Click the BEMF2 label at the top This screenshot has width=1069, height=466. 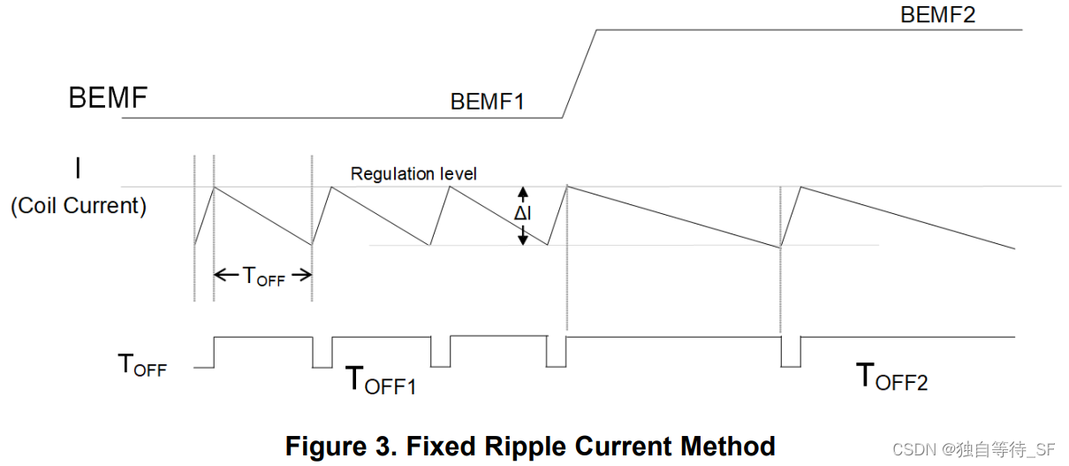click(937, 15)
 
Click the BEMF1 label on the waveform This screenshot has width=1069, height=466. click(487, 101)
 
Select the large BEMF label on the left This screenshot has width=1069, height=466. click(108, 98)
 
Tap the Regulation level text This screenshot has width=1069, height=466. click(413, 173)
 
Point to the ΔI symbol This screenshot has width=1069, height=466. click(523, 215)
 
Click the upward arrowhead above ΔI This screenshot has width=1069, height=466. click(523, 191)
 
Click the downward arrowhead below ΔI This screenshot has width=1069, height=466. click(523, 239)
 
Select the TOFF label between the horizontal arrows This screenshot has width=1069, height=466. click(264, 277)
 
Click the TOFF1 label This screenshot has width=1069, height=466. click(380, 381)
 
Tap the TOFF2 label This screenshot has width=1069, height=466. click(892, 378)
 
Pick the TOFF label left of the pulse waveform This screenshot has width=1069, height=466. click(142, 365)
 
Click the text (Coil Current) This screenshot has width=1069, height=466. click(78, 206)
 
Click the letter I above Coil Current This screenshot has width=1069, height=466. click(78, 167)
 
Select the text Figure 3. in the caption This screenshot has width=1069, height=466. click(333, 446)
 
